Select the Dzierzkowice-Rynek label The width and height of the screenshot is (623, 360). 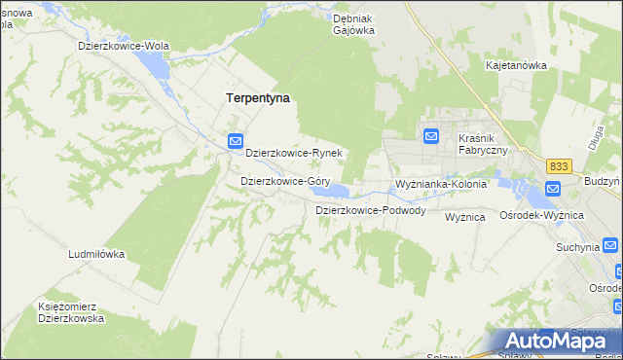(x=293, y=153)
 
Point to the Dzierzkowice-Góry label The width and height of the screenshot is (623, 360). (x=284, y=181)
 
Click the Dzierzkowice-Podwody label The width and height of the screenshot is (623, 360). (x=370, y=210)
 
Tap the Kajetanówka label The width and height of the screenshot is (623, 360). (x=516, y=65)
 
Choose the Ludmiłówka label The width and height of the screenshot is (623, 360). (x=96, y=254)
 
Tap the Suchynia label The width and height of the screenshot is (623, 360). (x=577, y=247)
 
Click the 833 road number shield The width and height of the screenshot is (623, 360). (x=558, y=166)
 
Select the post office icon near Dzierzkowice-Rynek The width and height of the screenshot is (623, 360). (x=235, y=141)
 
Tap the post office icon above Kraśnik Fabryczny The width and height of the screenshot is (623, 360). (x=431, y=136)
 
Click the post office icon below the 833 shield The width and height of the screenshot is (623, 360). (x=553, y=190)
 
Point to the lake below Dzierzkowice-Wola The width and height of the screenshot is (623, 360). (x=152, y=65)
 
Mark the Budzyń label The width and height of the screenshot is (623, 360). (x=604, y=181)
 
